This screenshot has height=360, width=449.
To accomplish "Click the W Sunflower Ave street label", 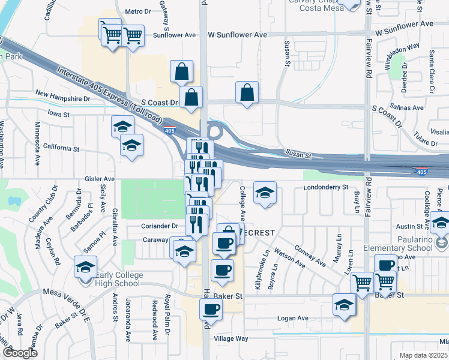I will pos(237,35).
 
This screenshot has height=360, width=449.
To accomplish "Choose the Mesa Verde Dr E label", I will pos(66,293).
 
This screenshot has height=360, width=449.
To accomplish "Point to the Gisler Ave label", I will pos(100,179).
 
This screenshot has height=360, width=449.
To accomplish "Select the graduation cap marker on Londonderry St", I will pos(265,193).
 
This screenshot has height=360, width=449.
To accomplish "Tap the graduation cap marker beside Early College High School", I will pos(85,267).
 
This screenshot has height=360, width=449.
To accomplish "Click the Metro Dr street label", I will pos(138,11).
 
